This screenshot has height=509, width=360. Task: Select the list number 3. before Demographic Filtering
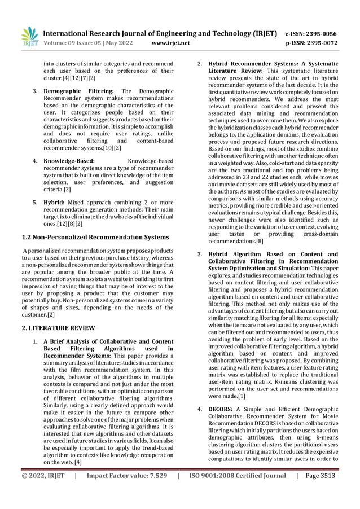point(34,91)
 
